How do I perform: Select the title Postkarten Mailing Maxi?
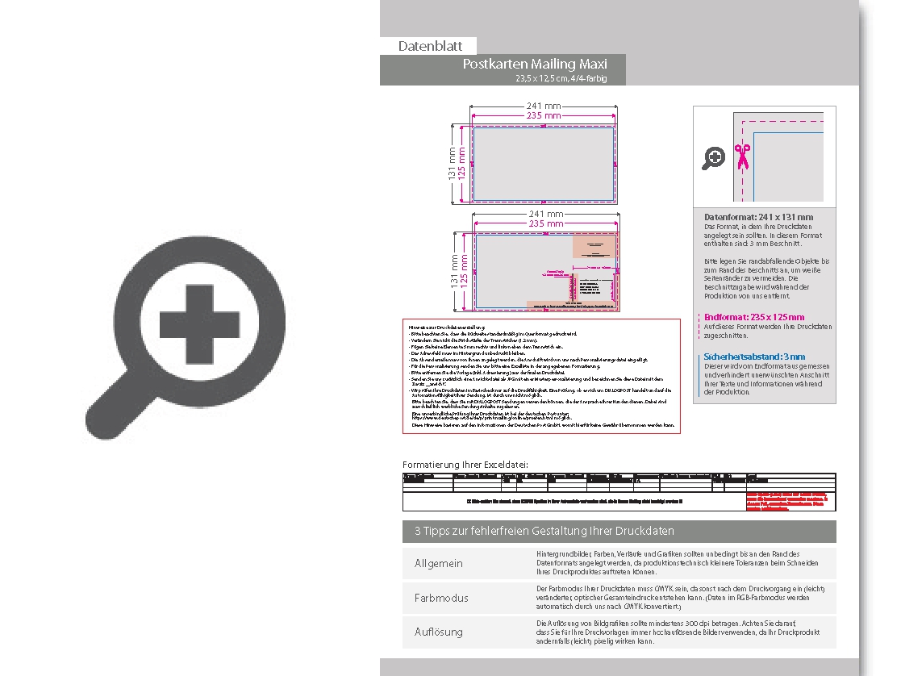coord(534,64)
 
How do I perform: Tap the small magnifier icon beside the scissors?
coord(713,158)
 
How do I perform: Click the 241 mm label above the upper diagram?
coord(544,106)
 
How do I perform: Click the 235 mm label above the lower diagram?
coord(545,223)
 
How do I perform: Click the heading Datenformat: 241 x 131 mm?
coord(758,217)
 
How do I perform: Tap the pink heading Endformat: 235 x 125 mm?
coord(754,317)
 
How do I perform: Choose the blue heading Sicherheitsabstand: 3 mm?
coord(754,357)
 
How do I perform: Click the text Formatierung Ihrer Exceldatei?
coord(465,465)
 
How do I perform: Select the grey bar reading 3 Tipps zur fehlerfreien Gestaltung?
coord(619,531)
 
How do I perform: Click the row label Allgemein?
coord(439,563)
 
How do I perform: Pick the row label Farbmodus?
coord(441,598)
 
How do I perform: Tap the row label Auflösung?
coord(439,632)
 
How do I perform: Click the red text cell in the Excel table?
coord(789,501)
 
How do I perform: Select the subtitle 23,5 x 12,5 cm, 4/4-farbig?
coord(561,78)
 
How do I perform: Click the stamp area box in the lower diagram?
coord(595,246)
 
